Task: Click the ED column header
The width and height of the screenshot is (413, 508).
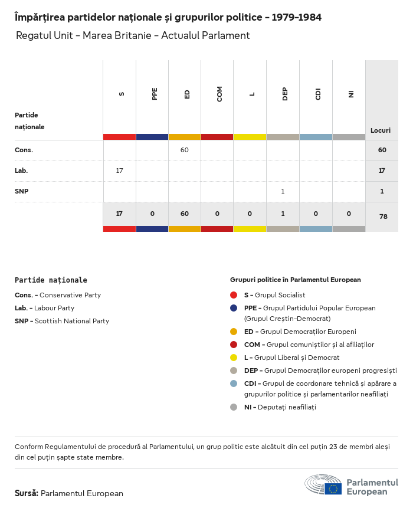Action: click(187, 94)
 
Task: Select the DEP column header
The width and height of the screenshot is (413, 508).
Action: click(285, 94)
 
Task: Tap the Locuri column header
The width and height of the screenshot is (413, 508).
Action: click(381, 130)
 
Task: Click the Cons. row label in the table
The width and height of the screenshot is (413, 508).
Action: click(24, 150)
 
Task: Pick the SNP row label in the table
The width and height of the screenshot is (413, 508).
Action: click(22, 191)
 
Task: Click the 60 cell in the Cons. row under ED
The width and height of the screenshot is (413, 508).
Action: click(185, 150)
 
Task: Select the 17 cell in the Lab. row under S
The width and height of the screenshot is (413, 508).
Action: click(119, 171)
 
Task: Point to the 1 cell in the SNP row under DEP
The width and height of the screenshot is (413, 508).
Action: click(283, 191)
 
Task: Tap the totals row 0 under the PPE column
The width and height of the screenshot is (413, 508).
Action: click(152, 214)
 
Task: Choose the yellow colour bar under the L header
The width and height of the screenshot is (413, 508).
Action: click(250, 137)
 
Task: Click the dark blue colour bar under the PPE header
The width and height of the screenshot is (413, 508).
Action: click(152, 137)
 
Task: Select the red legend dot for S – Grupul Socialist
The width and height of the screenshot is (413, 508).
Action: click(234, 295)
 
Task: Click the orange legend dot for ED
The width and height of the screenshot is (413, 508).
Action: click(234, 332)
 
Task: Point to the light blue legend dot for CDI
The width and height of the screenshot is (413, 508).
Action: click(234, 384)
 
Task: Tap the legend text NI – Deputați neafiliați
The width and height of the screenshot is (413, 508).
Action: click(280, 407)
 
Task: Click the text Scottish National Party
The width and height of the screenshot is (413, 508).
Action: click(72, 321)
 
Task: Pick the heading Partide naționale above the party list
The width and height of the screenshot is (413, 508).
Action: click(51, 280)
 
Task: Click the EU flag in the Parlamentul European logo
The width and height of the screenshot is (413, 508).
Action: click(333, 489)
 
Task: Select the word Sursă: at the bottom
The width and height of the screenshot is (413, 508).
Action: click(27, 493)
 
